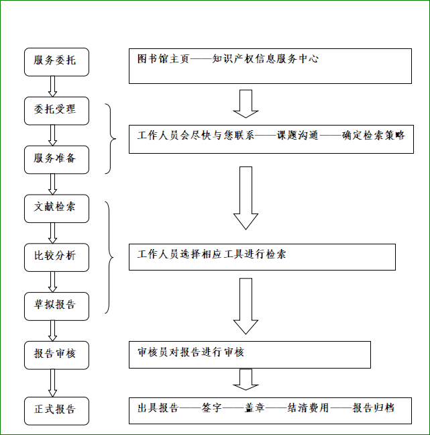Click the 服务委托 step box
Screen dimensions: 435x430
pyautogui.click(x=55, y=60)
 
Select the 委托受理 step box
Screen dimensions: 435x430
pyautogui.click(x=55, y=109)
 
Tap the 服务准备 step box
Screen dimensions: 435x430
pyautogui.click(x=55, y=158)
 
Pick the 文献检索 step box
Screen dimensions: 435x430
pyautogui.click(x=55, y=207)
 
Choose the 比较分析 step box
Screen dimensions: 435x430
pyautogui.click(x=55, y=256)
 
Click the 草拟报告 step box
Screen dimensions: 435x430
pyautogui.click(x=55, y=305)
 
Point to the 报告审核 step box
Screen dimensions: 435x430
pyautogui.click(x=55, y=354)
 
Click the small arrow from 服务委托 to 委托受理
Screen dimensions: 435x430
pyautogui.click(x=52, y=85)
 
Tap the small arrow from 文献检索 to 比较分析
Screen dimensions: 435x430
pyautogui.click(x=52, y=232)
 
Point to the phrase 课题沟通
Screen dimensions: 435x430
pyautogui.click(x=298, y=135)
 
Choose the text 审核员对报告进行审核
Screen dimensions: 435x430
pyautogui.click(x=191, y=352)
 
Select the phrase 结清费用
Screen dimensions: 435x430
pyautogui.click(x=308, y=408)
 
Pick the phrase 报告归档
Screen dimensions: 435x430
pyautogui.click(x=373, y=408)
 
